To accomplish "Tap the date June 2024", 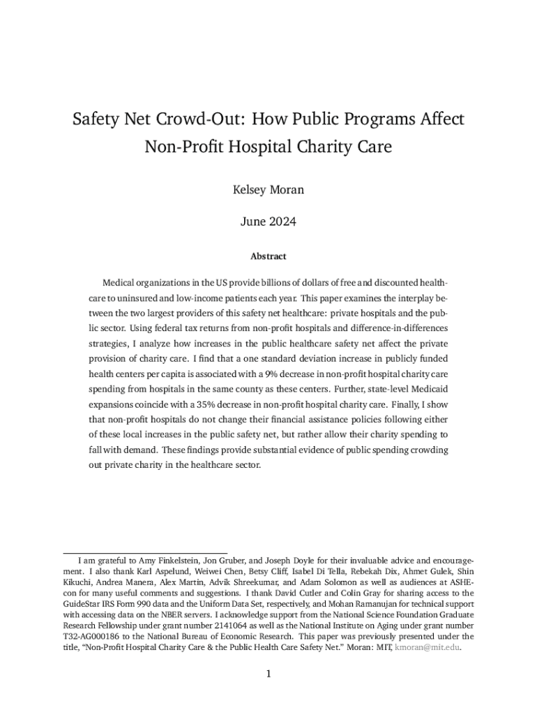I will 268,222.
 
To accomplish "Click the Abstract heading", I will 268,256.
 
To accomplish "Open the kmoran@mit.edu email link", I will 427,647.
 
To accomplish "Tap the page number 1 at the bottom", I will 268,674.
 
